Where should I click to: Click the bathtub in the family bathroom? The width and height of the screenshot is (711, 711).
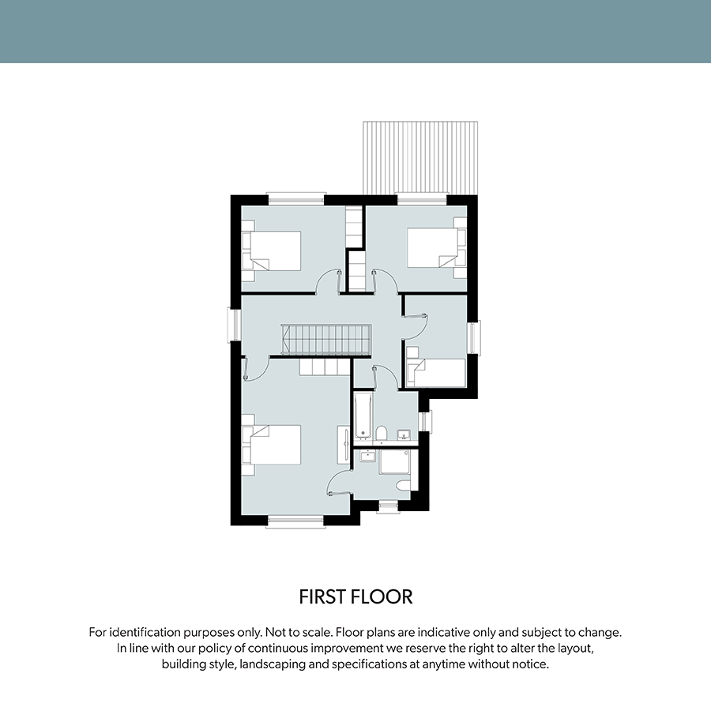click(x=363, y=417)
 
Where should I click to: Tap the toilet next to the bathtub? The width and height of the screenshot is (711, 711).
click(x=382, y=433)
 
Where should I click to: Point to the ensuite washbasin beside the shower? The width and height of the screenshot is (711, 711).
click(x=367, y=456)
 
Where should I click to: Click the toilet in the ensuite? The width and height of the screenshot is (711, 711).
click(x=403, y=486)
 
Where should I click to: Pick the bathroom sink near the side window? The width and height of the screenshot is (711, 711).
click(x=404, y=435)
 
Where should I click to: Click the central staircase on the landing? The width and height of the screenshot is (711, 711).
click(x=326, y=340)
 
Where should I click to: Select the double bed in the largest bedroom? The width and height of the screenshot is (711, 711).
click(x=271, y=445)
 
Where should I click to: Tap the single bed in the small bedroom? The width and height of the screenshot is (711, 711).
click(x=436, y=373)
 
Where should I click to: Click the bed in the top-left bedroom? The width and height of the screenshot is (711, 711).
click(x=271, y=250)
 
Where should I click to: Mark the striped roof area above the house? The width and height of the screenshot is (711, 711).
click(x=420, y=157)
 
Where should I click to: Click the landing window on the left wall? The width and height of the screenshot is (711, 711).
click(x=235, y=325)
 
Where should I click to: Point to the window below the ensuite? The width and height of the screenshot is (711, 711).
click(x=388, y=506)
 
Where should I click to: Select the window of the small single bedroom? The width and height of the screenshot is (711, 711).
click(x=473, y=338)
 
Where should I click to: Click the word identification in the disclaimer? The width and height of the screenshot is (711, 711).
click(x=145, y=632)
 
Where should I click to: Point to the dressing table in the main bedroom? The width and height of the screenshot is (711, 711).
click(x=343, y=445)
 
